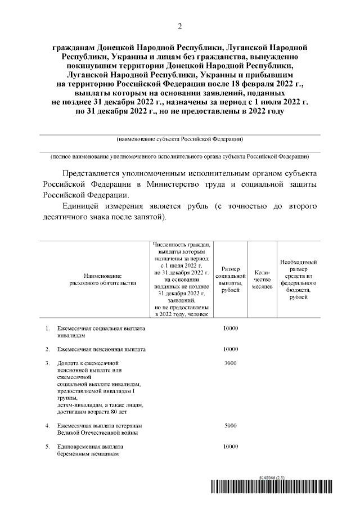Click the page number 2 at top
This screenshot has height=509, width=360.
(x=179, y=26)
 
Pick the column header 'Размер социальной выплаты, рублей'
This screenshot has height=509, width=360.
(x=231, y=280)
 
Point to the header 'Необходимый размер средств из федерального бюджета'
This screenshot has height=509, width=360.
(x=298, y=280)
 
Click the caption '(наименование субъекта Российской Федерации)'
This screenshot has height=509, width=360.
(x=180, y=139)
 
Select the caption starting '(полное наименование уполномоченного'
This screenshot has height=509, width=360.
(x=180, y=156)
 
